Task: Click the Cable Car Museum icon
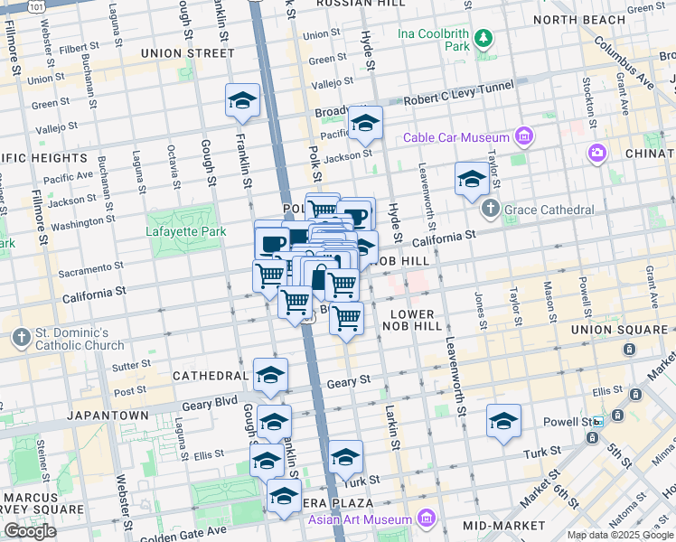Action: click(522, 137)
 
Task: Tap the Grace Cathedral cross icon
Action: click(491, 210)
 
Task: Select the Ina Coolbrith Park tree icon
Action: click(485, 38)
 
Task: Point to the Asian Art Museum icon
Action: click(426, 519)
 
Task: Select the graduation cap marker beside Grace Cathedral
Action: click(472, 180)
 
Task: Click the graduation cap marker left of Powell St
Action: click(503, 420)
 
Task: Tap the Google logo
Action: click(30, 530)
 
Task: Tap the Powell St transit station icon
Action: click(596, 423)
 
